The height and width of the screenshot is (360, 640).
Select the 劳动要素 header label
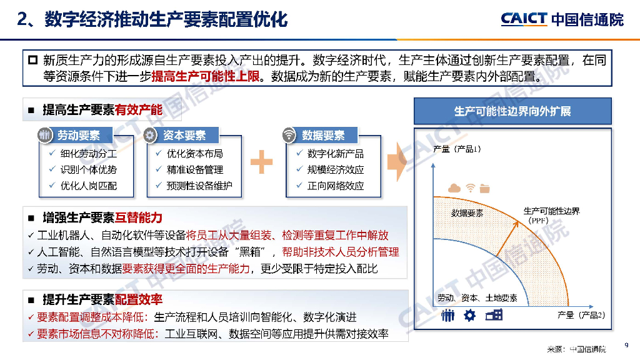[79, 136]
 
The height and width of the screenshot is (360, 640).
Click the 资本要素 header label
[184, 136]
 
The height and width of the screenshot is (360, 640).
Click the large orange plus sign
[262, 162]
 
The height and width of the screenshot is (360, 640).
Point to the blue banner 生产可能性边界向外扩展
[512, 111]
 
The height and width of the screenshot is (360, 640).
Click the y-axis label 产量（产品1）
[458, 149]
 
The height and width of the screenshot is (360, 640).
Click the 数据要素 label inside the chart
[467, 214]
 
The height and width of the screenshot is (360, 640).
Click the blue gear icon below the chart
[470, 316]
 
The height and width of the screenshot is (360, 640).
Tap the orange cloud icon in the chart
[454, 189]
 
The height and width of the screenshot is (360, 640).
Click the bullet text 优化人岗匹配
[89, 186]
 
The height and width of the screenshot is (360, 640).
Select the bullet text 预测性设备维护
[199, 186]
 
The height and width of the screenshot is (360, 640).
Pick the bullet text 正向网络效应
[336, 186]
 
